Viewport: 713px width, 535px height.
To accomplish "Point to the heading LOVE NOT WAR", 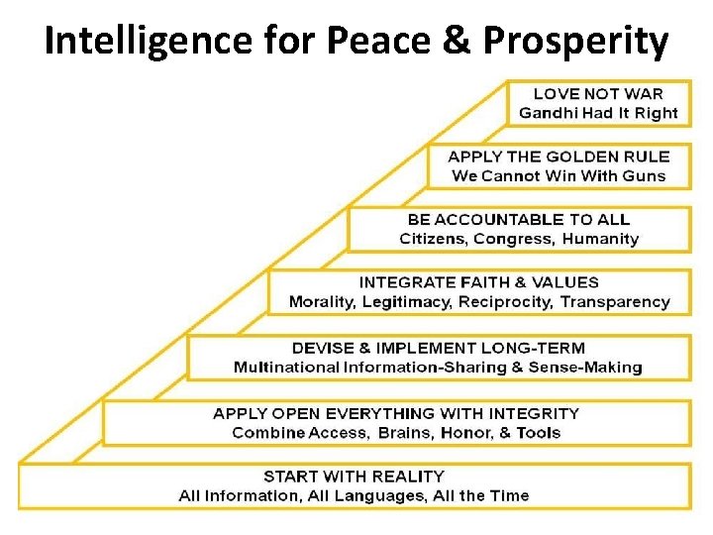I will point(598,93).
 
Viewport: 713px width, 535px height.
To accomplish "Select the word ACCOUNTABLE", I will point(498,219).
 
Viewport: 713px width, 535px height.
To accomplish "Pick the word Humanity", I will point(601,239).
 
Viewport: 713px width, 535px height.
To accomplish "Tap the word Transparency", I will point(620,302).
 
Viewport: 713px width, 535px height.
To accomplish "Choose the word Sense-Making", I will point(591,368).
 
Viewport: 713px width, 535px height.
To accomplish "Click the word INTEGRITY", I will point(531,413).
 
